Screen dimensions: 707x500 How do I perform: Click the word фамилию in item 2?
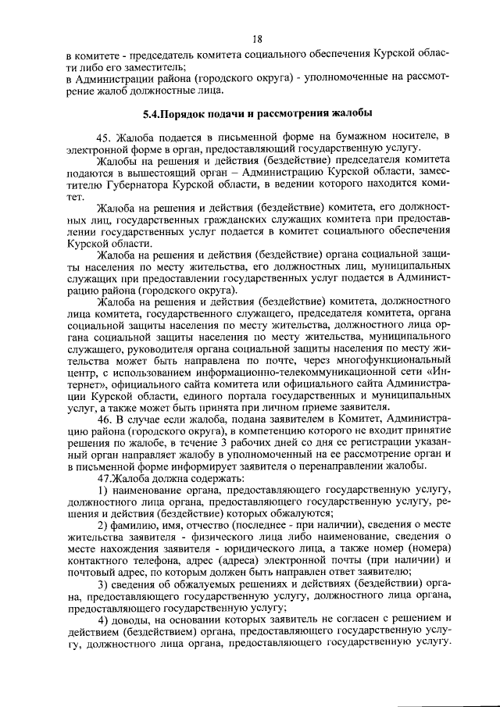point(138,523)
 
